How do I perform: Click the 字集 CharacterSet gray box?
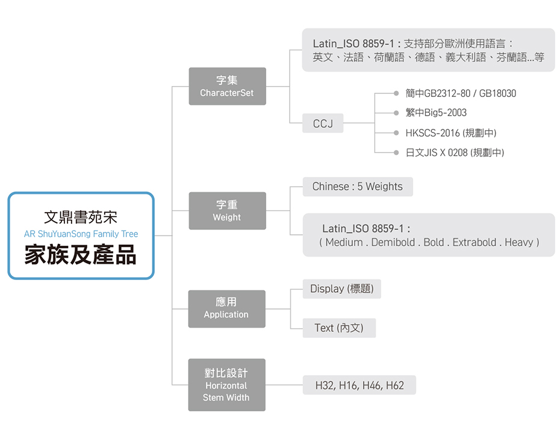[227, 86]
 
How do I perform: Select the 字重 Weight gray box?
[227, 211]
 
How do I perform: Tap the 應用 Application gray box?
[226, 308]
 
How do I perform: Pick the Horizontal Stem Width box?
[226, 385]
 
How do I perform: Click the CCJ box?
[323, 123]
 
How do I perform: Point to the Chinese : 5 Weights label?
[357, 187]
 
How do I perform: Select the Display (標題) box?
[341, 289]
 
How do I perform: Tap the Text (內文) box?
[339, 328]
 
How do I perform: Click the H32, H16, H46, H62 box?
[359, 385]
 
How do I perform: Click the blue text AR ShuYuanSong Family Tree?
[81, 234]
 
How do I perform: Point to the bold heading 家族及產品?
[81, 255]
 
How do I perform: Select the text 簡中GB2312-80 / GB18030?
[461, 93]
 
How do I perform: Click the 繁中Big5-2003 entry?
[436, 113]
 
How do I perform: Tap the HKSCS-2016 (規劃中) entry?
[451, 133]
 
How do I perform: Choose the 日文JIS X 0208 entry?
[455, 153]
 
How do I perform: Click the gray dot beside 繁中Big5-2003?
[396, 113]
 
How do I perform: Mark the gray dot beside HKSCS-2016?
[396, 133]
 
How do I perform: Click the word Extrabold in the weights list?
[474, 242]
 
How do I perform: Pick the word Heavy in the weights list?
[518, 242]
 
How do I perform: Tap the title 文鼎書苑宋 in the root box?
[81, 217]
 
